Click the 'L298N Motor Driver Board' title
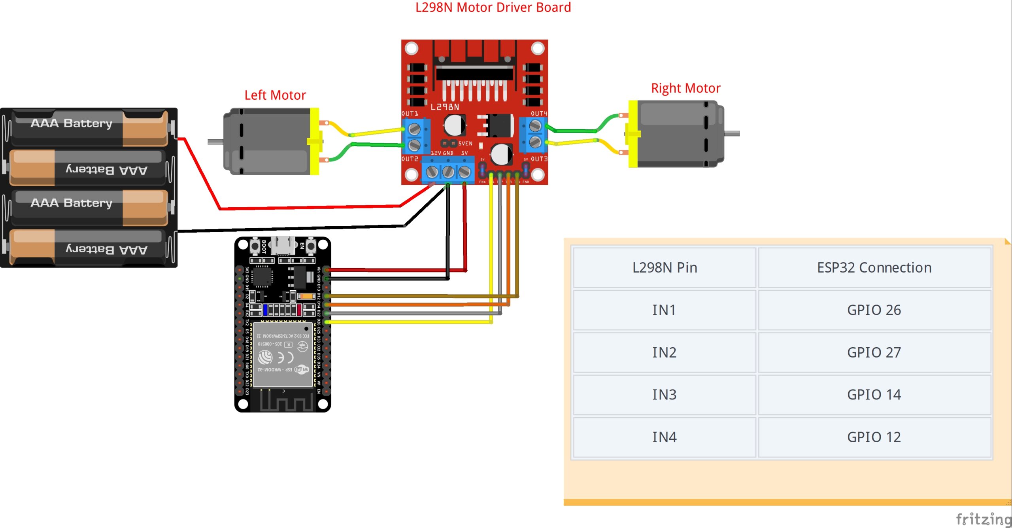[x=493, y=8]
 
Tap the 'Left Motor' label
[x=275, y=95]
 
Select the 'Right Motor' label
[x=685, y=88]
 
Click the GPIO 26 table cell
[x=874, y=310]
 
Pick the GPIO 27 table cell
[x=874, y=352]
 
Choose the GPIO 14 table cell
[x=874, y=395]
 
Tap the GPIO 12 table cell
[x=874, y=437]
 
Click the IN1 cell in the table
[x=664, y=310]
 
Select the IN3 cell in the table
[x=664, y=395]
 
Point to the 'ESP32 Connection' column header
[x=874, y=268]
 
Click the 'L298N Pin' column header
[x=664, y=268]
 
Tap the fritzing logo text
[x=983, y=519]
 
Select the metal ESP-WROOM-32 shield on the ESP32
[x=283, y=354]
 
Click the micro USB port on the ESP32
[x=283, y=245]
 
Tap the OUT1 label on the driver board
[x=410, y=114]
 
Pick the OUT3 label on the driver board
[x=539, y=159]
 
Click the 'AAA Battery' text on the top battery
[x=72, y=123]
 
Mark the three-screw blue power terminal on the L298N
[x=448, y=171]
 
